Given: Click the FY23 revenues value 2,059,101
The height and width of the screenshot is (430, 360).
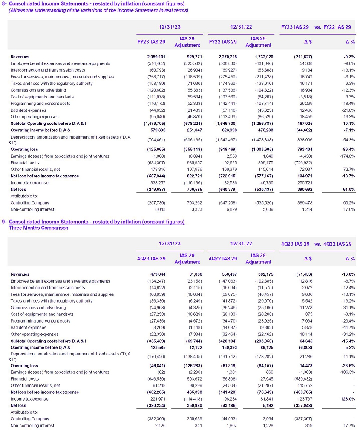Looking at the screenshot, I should click(155, 57).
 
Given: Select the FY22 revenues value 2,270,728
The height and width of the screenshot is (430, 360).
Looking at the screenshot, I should click(226, 57).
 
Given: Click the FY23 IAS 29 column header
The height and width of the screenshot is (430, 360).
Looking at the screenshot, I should click(151, 42).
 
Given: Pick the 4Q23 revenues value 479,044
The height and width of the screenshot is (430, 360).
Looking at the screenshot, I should click(157, 274).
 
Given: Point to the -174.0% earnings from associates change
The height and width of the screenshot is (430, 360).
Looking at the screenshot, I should click(346, 156).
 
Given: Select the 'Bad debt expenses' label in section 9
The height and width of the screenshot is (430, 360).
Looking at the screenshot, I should click(28, 328).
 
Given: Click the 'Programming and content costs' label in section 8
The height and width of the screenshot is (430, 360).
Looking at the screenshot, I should click(40, 104).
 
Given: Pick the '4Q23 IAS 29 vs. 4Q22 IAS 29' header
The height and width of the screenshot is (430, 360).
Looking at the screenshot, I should click(316, 244).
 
